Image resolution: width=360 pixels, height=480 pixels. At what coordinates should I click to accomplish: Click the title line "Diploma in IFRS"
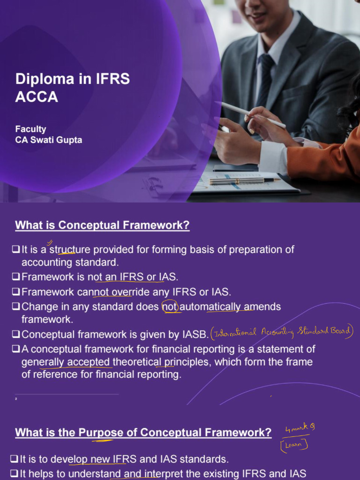click(x=72, y=79)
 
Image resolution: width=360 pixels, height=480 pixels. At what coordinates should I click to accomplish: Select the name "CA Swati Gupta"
click(x=48, y=140)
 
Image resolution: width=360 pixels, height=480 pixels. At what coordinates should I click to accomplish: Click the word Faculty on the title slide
click(x=30, y=129)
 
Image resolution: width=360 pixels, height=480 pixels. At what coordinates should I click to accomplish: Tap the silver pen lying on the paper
click(x=244, y=180)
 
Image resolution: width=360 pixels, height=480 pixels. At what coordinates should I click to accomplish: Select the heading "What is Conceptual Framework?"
click(x=102, y=225)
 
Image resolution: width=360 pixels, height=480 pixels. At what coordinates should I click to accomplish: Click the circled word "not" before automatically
click(x=170, y=307)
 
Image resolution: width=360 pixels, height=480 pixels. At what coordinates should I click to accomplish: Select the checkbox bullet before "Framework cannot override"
click(x=16, y=292)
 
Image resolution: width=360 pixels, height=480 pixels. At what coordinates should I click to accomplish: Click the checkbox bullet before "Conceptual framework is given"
click(x=16, y=335)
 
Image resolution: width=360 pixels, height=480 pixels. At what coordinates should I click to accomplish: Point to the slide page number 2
click(x=16, y=399)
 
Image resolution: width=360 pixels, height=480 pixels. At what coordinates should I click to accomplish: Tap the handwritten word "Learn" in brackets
click(x=294, y=444)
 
